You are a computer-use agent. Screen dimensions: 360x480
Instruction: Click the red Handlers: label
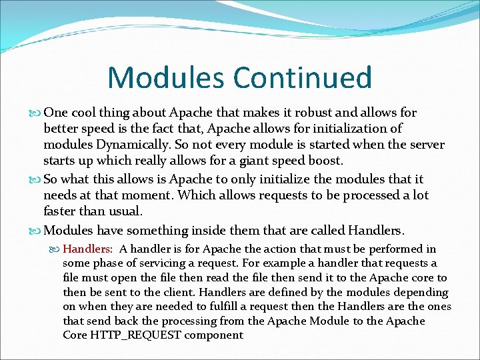pyautogui.click(x=88, y=249)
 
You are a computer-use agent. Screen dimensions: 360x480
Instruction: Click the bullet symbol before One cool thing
pyautogui.click(x=35, y=113)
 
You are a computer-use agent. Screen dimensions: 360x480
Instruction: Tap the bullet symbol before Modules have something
pyautogui.click(x=35, y=231)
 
